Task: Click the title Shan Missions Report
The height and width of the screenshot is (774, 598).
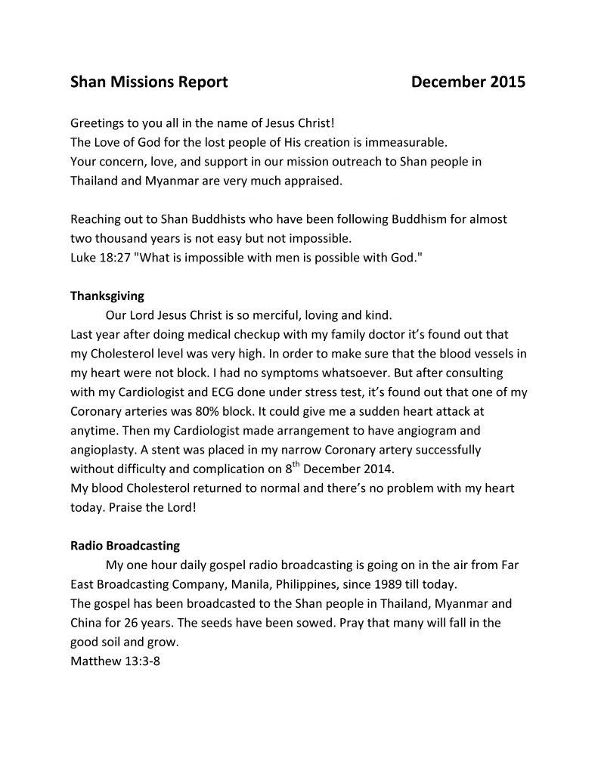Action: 149,82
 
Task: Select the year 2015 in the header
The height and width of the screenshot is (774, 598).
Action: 507,82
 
